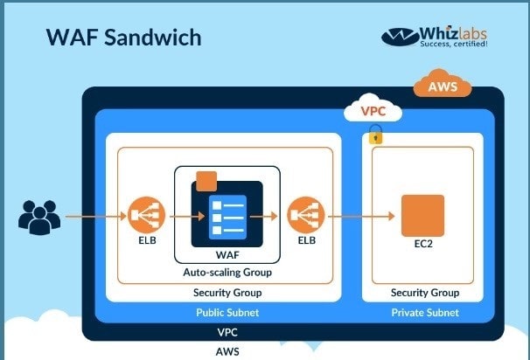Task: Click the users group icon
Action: pos(39,218)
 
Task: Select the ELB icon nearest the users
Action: pos(147,215)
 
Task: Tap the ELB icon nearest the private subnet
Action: pos(306,215)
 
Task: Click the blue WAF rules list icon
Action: pos(227,218)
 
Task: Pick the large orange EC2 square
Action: pos(422,216)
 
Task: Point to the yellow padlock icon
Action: pos(375,135)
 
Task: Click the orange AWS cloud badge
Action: pos(443,84)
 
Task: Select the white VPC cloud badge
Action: pos(373,108)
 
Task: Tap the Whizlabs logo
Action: pos(435,37)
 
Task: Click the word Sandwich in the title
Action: pos(153,38)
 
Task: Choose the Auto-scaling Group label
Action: pos(227,273)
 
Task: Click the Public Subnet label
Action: pos(227,313)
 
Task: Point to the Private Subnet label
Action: pos(425,313)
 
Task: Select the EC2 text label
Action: pos(423,244)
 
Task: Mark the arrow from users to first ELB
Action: pos(96,216)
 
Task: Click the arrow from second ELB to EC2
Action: pos(362,216)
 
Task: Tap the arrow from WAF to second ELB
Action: pos(264,216)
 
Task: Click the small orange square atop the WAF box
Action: pos(206,182)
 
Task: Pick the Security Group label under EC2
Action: pos(425,293)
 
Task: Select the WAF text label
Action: pos(227,255)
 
